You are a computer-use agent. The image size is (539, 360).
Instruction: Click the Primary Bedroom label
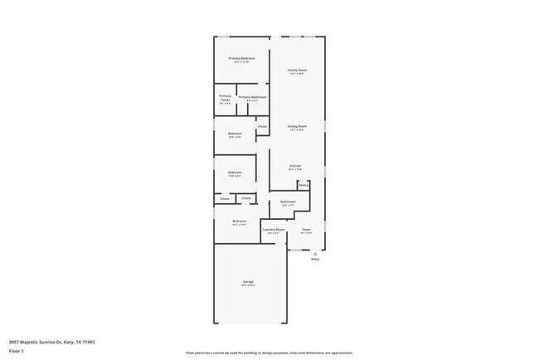(241, 58)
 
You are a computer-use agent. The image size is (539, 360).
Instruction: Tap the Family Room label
(297, 71)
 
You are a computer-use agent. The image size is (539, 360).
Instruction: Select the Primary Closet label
(226, 97)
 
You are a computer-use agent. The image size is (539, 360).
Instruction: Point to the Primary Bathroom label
(252, 97)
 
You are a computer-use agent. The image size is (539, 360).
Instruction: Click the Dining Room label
(297, 126)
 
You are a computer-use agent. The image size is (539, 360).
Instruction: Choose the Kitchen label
(294, 166)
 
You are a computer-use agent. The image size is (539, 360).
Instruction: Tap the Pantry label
(303, 185)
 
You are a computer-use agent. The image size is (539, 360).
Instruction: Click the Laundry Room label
(274, 229)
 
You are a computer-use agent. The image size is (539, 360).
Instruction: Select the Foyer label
(306, 229)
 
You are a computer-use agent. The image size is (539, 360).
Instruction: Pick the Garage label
(248, 282)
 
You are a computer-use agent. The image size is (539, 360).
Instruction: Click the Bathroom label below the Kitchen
(289, 202)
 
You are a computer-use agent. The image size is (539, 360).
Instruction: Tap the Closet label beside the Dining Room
(262, 126)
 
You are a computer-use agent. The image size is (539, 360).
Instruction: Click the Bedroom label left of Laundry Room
(239, 221)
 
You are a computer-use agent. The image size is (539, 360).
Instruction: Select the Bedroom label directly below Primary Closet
(235, 134)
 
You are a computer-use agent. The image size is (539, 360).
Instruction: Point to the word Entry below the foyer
(315, 260)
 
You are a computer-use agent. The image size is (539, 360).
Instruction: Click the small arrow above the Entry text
(315, 254)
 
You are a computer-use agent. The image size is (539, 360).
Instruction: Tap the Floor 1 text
(17, 351)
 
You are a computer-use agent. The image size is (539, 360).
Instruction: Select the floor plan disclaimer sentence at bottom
(269, 352)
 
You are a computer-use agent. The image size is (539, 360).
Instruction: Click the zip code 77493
(89, 342)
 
